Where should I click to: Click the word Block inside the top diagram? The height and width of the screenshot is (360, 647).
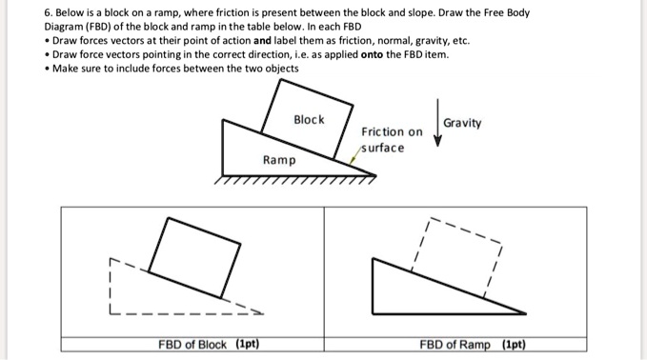point(309,120)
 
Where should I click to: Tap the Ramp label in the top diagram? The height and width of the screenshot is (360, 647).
point(279,160)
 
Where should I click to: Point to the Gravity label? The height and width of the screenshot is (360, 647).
point(463,123)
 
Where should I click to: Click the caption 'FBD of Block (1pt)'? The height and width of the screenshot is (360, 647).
point(210,344)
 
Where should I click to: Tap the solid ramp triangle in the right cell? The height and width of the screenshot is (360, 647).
point(419,286)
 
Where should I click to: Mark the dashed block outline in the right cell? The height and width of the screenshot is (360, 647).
point(458,252)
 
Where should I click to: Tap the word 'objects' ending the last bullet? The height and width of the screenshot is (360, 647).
point(278,69)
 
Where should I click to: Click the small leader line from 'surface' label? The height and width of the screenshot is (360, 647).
point(357,157)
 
